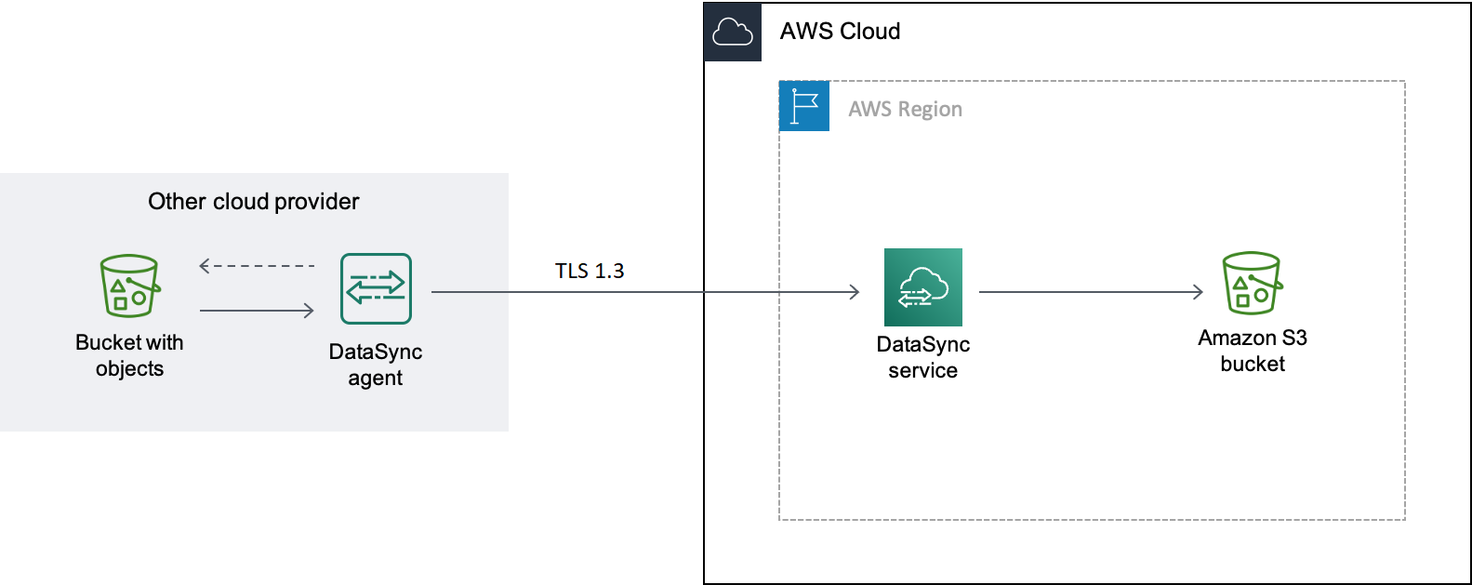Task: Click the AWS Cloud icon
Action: (x=733, y=33)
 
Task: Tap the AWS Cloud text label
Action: (x=840, y=32)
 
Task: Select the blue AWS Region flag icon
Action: (x=804, y=106)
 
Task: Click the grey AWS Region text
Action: (x=905, y=110)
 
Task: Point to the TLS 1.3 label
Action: (x=590, y=272)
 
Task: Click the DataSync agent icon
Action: (x=376, y=288)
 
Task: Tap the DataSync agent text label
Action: (x=376, y=365)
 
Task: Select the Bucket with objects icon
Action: (x=129, y=286)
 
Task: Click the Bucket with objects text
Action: (x=129, y=355)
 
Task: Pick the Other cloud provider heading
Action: (x=253, y=202)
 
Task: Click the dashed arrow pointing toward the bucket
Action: (x=257, y=266)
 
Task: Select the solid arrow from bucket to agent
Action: (x=257, y=311)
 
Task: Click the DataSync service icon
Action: (x=922, y=286)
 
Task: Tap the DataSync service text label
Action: (x=922, y=357)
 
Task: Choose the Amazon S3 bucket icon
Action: (x=1252, y=283)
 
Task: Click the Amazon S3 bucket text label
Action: (x=1252, y=351)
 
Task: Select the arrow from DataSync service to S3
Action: (x=1091, y=292)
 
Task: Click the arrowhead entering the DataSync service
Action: (x=855, y=292)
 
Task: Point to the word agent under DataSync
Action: (x=376, y=379)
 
